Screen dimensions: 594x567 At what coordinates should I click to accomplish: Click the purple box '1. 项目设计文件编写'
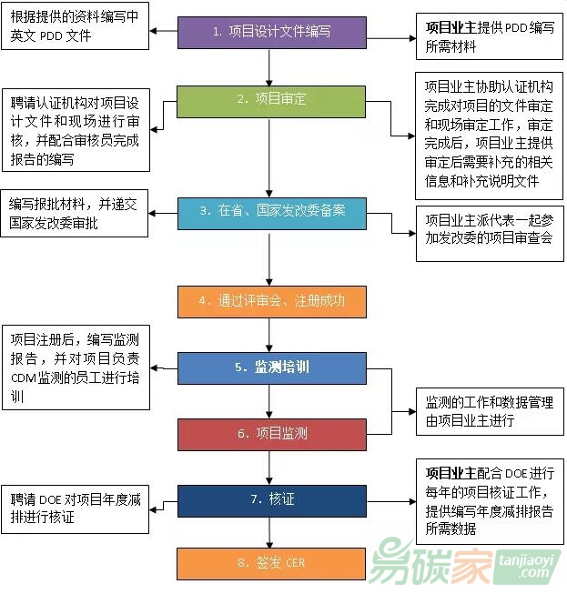pyautogui.click(x=270, y=31)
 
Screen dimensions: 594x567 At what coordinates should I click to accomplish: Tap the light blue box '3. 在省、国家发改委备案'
pyautogui.click(x=270, y=213)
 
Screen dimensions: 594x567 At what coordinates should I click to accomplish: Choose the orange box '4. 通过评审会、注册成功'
pyautogui.click(x=270, y=299)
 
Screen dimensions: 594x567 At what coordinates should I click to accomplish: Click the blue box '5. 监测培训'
pyautogui.click(x=270, y=367)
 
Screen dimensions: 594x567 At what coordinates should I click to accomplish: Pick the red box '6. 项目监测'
pyautogui.click(x=270, y=434)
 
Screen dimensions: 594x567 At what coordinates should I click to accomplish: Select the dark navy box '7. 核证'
pyautogui.click(x=270, y=499)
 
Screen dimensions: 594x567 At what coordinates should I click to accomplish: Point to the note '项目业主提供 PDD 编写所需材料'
pyautogui.click(x=488, y=35)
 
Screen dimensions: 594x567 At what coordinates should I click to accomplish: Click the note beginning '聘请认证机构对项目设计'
pyautogui.click(x=76, y=128)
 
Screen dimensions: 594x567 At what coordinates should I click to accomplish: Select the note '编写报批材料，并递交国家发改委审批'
pyautogui.click(x=76, y=213)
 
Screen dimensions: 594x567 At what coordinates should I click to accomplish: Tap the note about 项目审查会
pyautogui.click(x=488, y=229)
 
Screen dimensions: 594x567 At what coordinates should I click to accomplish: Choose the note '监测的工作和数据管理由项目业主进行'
pyautogui.click(x=488, y=411)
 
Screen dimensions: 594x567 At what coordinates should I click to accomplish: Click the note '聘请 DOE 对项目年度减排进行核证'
pyautogui.click(x=76, y=508)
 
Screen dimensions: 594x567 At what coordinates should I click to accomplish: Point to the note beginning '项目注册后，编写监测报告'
pyautogui.click(x=76, y=367)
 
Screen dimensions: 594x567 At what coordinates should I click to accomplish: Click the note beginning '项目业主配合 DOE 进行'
pyautogui.click(x=488, y=500)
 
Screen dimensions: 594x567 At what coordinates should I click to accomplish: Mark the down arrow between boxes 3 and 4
pyautogui.click(x=270, y=260)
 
